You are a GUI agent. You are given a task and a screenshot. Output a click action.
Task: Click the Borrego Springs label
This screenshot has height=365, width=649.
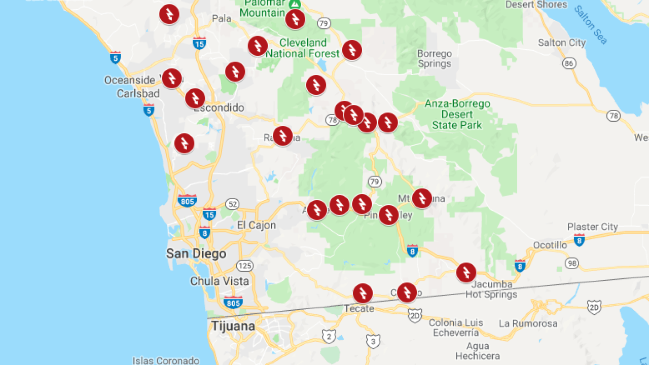(434, 58)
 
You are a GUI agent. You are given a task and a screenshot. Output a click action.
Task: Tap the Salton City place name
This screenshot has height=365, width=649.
(561, 43)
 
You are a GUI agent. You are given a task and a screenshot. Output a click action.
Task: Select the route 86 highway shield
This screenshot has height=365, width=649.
(569, 63)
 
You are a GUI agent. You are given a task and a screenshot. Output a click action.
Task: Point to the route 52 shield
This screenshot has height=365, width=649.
(232, 204)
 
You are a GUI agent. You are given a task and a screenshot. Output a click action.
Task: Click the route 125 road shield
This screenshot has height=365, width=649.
(245, 266)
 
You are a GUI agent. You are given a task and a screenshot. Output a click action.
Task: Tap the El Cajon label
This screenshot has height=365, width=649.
(257, 225)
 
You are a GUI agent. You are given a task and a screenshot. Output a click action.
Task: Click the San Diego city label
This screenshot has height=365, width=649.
(196, 253)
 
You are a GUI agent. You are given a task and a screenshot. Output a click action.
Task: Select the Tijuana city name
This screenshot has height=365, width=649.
(233, 326)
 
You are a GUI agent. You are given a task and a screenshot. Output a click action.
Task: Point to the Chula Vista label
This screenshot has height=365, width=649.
(220, 281)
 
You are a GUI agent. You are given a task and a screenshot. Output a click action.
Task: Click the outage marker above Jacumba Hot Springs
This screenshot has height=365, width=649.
(466, 272)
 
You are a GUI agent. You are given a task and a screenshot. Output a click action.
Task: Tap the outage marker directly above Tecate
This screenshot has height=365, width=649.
(363, 293)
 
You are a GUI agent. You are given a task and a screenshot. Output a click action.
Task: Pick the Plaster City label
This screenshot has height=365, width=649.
(592, 227)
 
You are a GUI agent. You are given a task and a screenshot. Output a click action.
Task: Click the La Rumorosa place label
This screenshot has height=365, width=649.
(528, 323)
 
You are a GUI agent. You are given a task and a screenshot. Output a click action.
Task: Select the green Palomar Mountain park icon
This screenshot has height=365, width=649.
(294, 4)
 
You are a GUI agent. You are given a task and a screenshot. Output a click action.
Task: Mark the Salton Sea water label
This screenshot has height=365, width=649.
(591, 24)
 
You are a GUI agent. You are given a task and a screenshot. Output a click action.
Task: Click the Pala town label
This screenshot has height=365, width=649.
(221, 19)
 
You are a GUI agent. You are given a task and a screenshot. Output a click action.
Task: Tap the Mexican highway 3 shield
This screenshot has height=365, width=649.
(373, 342)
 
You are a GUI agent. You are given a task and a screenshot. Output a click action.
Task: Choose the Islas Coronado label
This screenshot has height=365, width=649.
(166, 360)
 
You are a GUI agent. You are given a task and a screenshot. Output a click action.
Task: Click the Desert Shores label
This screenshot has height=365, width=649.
(536, 5)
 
